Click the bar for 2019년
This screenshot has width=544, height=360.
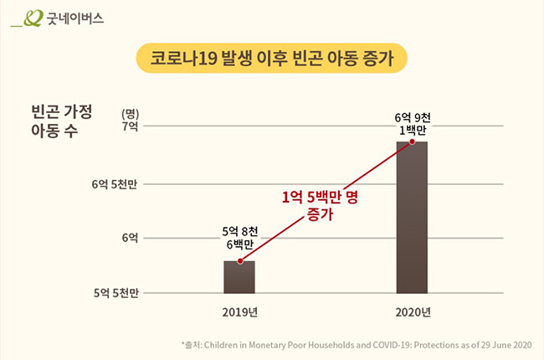coord(239,277)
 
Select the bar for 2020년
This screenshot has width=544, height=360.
coord(412,218)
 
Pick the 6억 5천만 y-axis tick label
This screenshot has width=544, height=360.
coord(115,183)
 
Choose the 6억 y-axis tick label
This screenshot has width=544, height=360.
coord(129,238)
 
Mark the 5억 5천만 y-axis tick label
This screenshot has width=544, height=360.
coord(115,293)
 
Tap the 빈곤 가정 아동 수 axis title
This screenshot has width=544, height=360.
coord(60,121)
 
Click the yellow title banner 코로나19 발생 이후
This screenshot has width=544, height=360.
coord(271,58)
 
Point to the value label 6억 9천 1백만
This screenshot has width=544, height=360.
coord(412,122)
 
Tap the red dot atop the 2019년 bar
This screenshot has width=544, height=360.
coord(239,261)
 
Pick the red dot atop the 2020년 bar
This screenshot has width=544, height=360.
coord(412,142)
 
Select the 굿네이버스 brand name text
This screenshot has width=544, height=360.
coord(75,18)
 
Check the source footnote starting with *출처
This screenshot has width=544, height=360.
coord(356,345)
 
